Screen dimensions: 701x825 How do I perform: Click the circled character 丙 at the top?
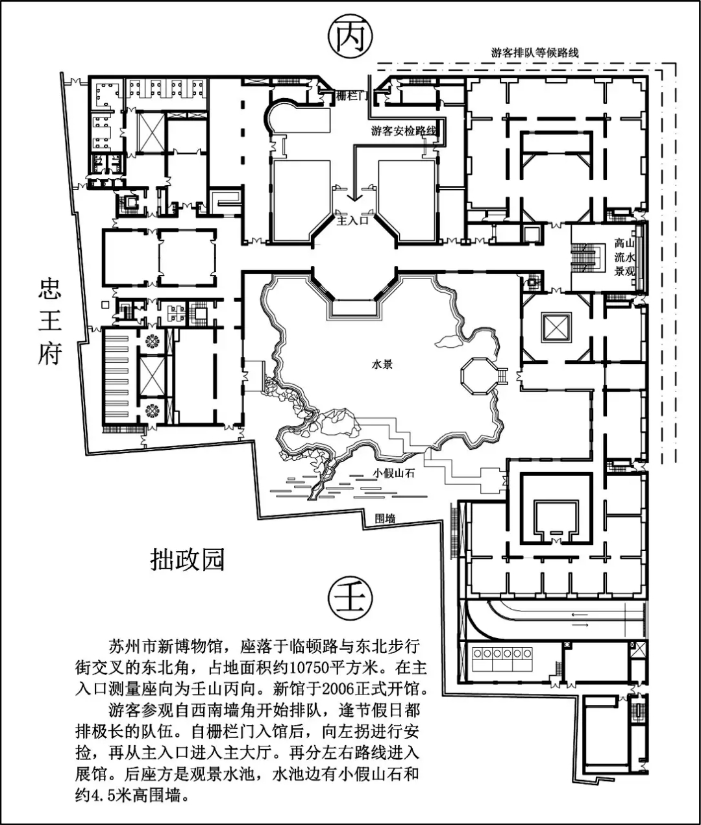point(350,37)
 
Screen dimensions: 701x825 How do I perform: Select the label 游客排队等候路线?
point(535,53)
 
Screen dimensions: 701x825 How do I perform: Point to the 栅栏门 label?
point(350,96)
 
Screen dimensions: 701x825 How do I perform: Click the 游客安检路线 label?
point(404,130)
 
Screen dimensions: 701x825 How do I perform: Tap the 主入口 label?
point(352,220)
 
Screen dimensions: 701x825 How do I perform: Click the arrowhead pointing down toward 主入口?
point(354,197)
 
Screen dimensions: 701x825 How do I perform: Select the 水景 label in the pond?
point(382,364)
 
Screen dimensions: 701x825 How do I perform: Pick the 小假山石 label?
point(393,473)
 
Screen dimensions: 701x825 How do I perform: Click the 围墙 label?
point(386,519)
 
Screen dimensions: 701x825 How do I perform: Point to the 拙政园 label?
point(187,559)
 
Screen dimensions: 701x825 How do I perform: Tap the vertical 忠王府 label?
point(50,322)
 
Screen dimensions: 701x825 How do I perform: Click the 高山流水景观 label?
point(624,256)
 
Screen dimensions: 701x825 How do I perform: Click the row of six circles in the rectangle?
point(502,654)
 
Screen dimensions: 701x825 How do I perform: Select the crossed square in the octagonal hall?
point(556,327)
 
